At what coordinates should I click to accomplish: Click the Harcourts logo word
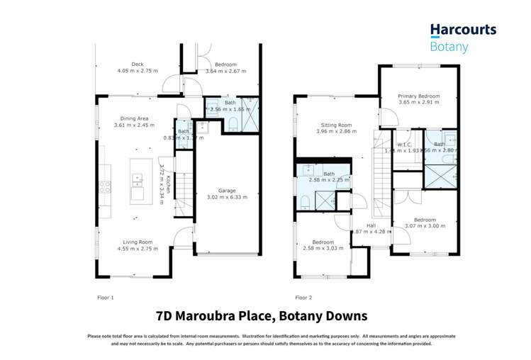(463, 30)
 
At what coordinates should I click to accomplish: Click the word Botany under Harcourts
(449, 47)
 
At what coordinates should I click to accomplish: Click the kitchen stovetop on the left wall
(104, 187)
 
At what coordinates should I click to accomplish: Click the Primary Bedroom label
(418, 96)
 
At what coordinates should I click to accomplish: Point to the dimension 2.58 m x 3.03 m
(323, 248)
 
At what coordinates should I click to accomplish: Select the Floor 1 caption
(105, 298)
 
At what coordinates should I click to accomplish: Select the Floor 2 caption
(303, 298)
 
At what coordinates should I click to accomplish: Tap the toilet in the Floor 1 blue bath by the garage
(233, 126)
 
